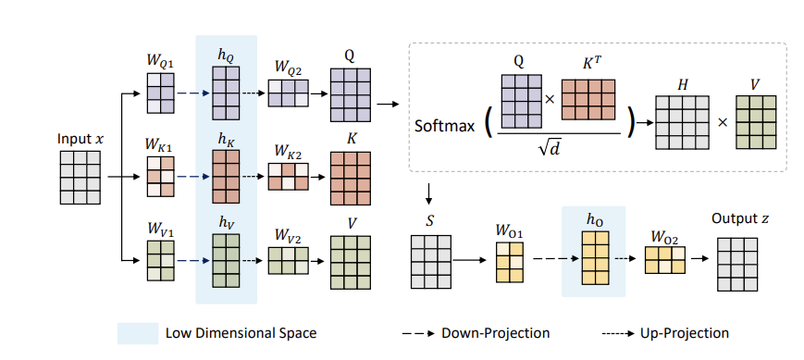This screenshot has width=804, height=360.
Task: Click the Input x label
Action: (80, 138)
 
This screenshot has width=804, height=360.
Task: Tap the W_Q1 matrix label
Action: (159, 62)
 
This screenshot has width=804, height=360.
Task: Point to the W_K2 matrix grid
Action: (288, 176)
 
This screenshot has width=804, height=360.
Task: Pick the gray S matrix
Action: (431, 254)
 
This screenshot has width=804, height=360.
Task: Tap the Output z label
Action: (739, 218)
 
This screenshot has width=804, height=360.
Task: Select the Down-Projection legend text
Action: (498, 333)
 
